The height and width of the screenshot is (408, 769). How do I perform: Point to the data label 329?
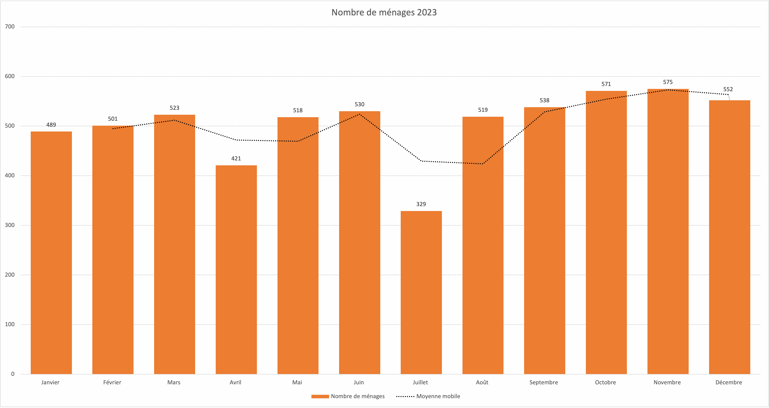tap(421, 204)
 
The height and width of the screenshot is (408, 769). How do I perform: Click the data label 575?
tap(668, 82)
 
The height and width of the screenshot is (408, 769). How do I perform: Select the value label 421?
tap(236, 158)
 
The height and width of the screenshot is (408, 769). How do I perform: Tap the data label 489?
tap(51, 125)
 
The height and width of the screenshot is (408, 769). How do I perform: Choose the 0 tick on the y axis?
tap(13, 374)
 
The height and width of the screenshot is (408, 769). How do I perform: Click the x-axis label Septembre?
tap(544, 382)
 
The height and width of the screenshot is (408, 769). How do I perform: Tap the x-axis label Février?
tap(112, 382)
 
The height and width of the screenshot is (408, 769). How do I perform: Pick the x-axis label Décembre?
tap(729, 382)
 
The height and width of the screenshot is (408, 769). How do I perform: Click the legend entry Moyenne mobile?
tap(438, 396)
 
